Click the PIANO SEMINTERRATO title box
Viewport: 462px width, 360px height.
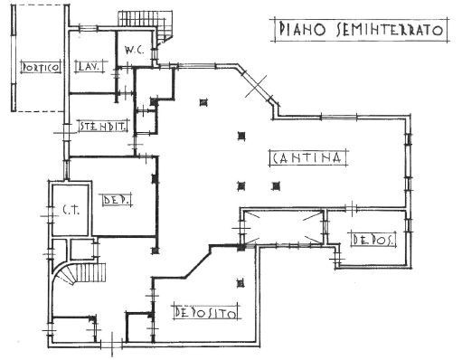(x=361, y=30)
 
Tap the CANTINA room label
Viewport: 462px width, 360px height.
(x=307, y=157)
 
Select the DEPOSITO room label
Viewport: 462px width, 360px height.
(x=206, y=312)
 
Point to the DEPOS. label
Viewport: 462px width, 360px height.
(x=373, y=240)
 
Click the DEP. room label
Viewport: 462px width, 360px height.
(x=117, y=200)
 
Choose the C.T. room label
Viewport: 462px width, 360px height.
(x=71, y=210)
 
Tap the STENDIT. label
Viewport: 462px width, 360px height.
(x=103, y=126)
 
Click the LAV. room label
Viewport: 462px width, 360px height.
(x=90, y=66)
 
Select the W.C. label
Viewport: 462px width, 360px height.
(x=134, y=50)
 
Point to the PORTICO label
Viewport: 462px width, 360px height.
(x=41, y=67)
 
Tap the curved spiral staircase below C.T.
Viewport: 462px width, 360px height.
(x=79, y=273)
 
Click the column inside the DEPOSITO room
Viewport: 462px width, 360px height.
(x=240, y=283)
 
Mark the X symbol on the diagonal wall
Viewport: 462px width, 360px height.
(x=256, y=86)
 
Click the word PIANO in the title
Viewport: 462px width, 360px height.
(x=302, y=30)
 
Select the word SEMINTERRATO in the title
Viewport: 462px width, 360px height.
(x=390, y=30)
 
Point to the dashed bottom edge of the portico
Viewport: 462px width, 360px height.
(x=40, y=111)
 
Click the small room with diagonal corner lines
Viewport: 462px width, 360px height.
(x=283, y=227)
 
